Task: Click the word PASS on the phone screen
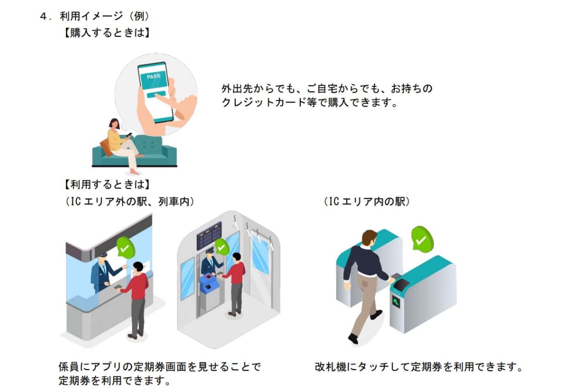(x=153, y=77)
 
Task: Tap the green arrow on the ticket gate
(x=396, y=302)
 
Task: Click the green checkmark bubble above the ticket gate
(x=422, y=240)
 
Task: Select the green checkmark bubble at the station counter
(x=126, y=248)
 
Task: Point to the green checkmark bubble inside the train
(x=222, y=247)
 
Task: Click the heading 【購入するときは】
(x=107, y=33)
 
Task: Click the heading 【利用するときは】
(x=107, y=184)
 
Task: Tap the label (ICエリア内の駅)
(x=367, y=201)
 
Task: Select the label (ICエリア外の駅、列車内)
(x=129, y=201)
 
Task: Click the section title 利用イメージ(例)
(x=104, y=16)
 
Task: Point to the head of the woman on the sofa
(x=114, y=124)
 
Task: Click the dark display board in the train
(x=209, y=235)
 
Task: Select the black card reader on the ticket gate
(x=401, y=285)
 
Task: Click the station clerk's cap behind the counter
(x=102, y=255)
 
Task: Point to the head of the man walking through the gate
(x=369, y=238)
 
